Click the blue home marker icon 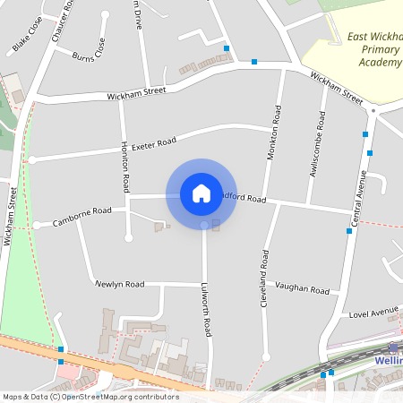point(201,193)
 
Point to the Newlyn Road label point(120,284)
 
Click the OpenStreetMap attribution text point(90,397)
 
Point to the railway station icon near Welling point(393,347)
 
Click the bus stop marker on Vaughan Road point(349,231)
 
